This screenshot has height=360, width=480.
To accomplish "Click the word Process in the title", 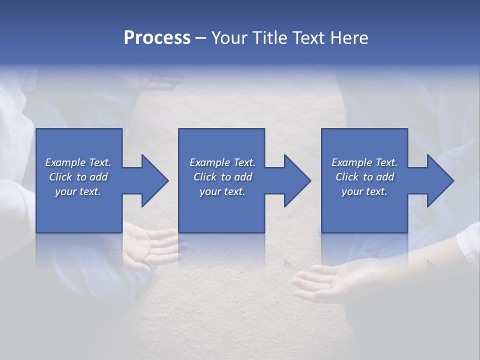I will [x=157, y=38].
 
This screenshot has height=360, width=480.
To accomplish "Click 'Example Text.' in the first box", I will [x=78, y=162].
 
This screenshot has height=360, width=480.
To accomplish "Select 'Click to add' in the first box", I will [x=78, y=177].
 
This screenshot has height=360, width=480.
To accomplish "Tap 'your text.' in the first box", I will [x=78, y=191].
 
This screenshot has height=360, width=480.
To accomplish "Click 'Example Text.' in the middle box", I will [x=222, y=162].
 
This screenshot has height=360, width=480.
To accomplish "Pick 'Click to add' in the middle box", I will [x=222, y=177].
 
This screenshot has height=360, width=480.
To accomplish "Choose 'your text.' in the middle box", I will [x=222, y=191].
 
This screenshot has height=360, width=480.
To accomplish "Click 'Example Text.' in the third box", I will [x=364, y=162].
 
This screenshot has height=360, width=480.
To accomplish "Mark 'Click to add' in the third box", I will [x=364, y=177].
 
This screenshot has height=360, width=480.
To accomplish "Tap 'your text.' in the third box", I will [x=364, y=191].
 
